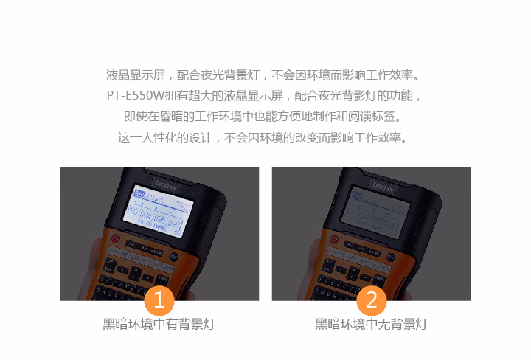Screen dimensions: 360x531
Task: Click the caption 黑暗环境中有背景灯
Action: click(x=159, y=325)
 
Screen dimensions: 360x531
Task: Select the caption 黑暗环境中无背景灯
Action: click(x=372, y=325)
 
